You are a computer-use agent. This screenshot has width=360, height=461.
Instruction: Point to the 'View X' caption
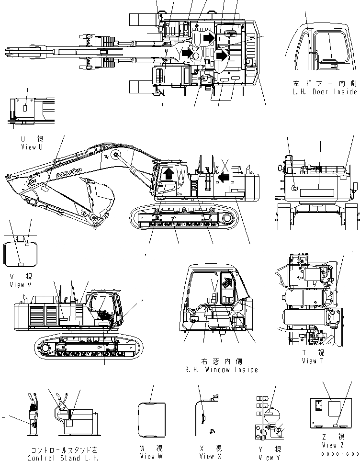(207, 456)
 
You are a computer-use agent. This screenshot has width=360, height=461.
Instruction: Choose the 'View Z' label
(333, 445)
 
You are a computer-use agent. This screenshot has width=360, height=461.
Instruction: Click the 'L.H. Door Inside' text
(325, 91)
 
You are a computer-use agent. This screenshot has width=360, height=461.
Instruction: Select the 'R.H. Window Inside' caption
(221, 370)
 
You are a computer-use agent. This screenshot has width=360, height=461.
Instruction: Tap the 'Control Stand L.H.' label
(62, 458)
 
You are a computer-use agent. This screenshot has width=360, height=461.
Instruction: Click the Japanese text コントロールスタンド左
(63, 450)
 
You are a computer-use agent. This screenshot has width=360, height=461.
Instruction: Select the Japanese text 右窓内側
(221, 362)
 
